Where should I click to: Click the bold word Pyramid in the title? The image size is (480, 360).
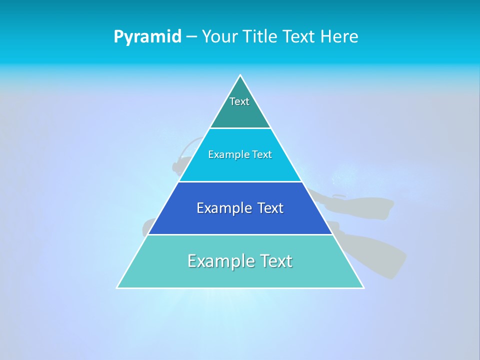(147, 37)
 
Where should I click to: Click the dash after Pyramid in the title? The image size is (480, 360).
(191, 37)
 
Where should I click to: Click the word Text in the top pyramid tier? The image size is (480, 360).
(239, 101)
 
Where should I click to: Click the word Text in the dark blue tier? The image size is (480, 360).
(270, 208)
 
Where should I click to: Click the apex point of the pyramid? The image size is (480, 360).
(240, 75)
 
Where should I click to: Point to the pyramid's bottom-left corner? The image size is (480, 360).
(117, 287)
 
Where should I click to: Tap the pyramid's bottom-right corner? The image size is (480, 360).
(363, 287)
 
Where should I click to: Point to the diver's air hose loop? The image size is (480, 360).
(185, 147)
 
